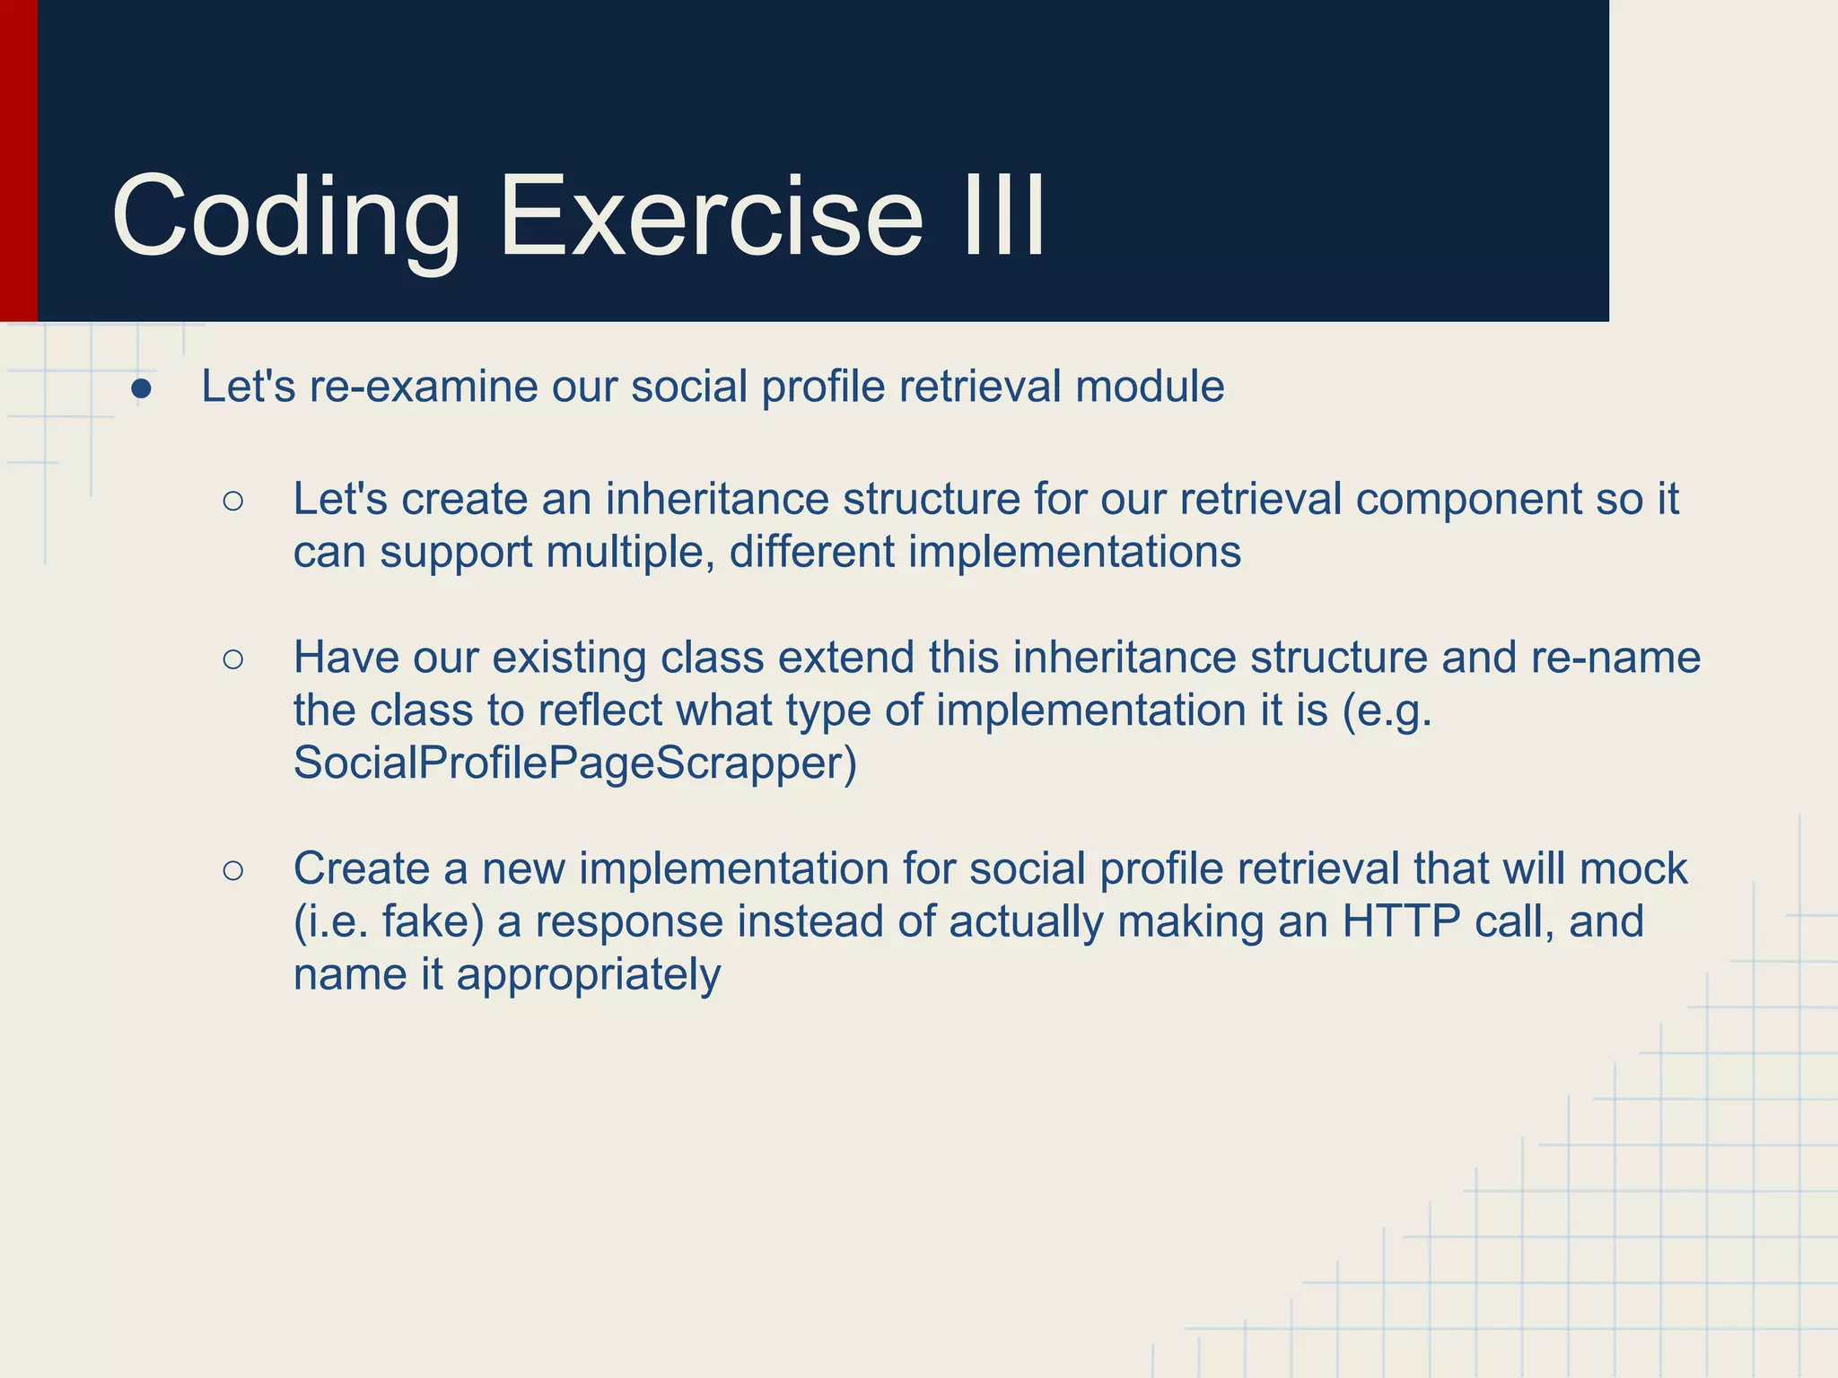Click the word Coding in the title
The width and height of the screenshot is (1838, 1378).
coord(285,218)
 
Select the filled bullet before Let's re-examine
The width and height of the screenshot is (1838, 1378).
coord(141,389)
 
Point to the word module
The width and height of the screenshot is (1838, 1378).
coord(1150,388)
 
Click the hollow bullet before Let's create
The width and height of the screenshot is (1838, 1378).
coord(233,501)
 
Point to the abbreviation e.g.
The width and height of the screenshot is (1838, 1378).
coord(1387,711)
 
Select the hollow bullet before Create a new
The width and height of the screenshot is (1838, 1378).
coord(233,870)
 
